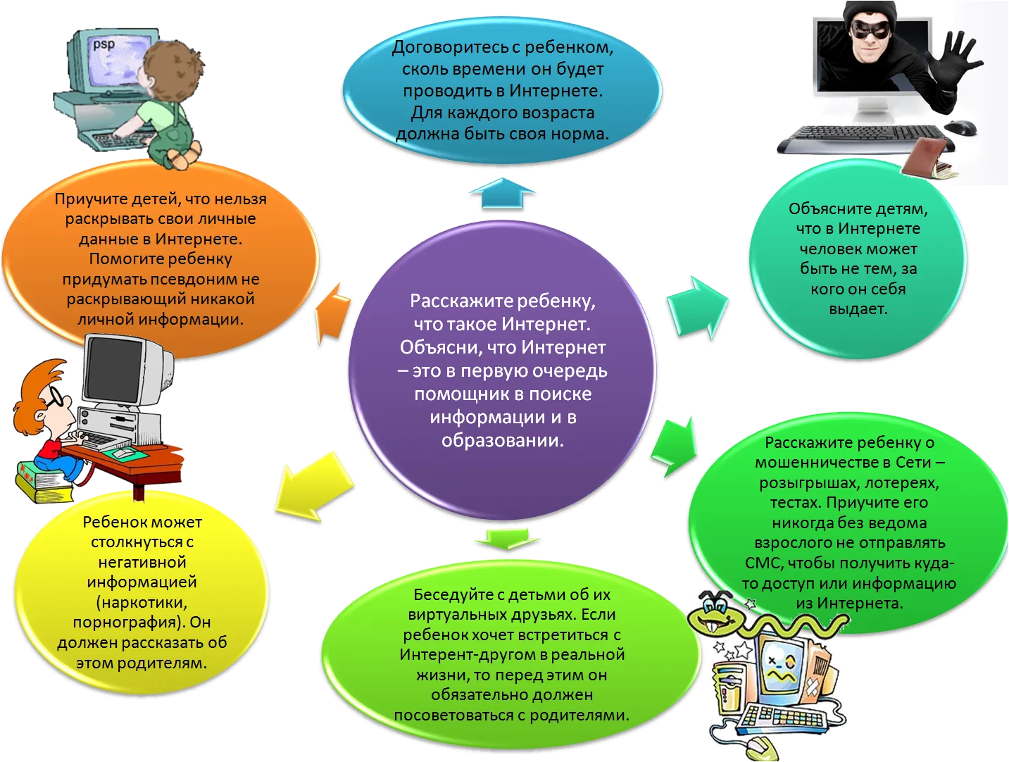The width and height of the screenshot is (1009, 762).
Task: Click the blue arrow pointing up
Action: (503, 194)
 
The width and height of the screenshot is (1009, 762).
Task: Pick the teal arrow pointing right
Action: (697, 308)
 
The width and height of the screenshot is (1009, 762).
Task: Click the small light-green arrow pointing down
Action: (506, 539)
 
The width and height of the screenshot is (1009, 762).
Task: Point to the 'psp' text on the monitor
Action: (104, 44)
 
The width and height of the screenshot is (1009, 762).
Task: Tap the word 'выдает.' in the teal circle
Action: (858, 308)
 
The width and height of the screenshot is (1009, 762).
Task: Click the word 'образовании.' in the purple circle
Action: (503, 440)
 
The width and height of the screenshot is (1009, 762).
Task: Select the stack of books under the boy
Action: (44, 482)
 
